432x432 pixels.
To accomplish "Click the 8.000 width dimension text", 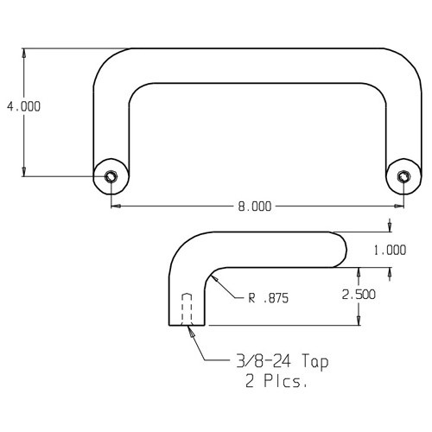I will (254, 206).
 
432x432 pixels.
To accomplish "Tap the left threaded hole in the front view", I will (111, 176).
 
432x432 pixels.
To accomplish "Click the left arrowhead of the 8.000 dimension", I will (117, 206).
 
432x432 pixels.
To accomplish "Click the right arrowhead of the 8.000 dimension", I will (399, 206).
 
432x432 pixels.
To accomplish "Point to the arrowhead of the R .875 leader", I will (214, 277).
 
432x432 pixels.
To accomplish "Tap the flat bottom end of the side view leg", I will (187, 325).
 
